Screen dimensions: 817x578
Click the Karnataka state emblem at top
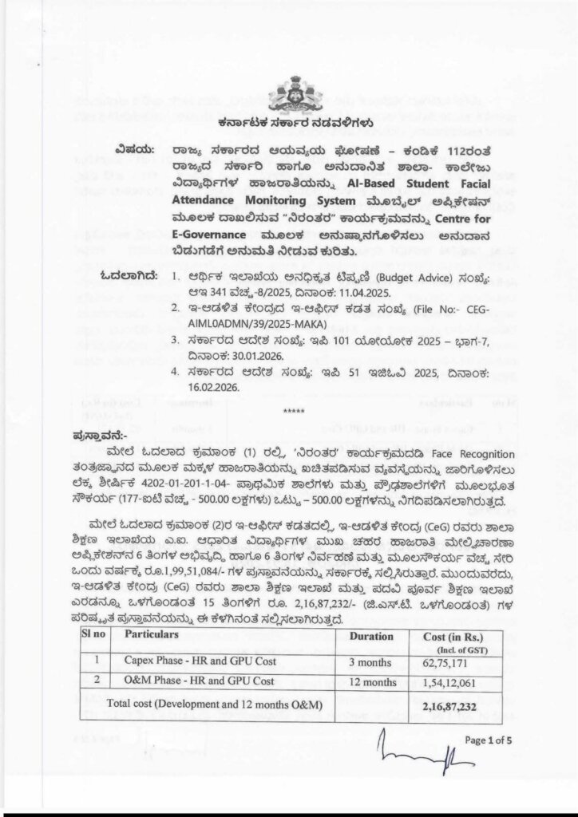288,93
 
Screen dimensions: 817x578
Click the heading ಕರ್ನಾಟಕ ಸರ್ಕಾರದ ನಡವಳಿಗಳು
288,124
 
